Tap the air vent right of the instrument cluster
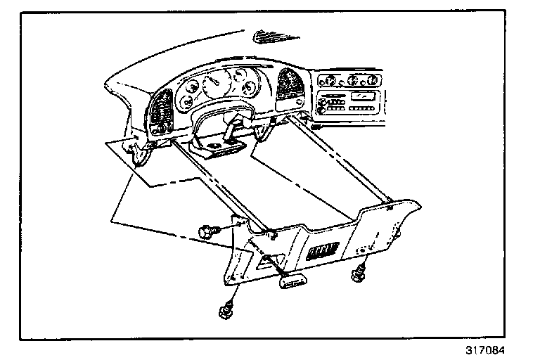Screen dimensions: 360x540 tap(289, 87)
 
